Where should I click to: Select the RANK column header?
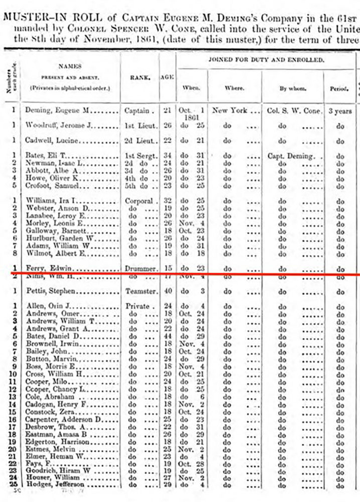tap(139, 77)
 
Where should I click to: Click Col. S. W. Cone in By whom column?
tap(291, 110)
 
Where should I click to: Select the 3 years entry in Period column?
tap(340, 110)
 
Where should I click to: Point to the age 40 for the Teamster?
tap(166, 291)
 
